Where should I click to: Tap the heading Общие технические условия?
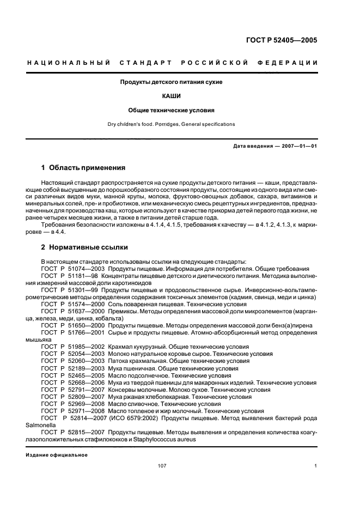[x=172, y=110]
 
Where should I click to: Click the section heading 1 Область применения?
[x=83, y=168]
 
